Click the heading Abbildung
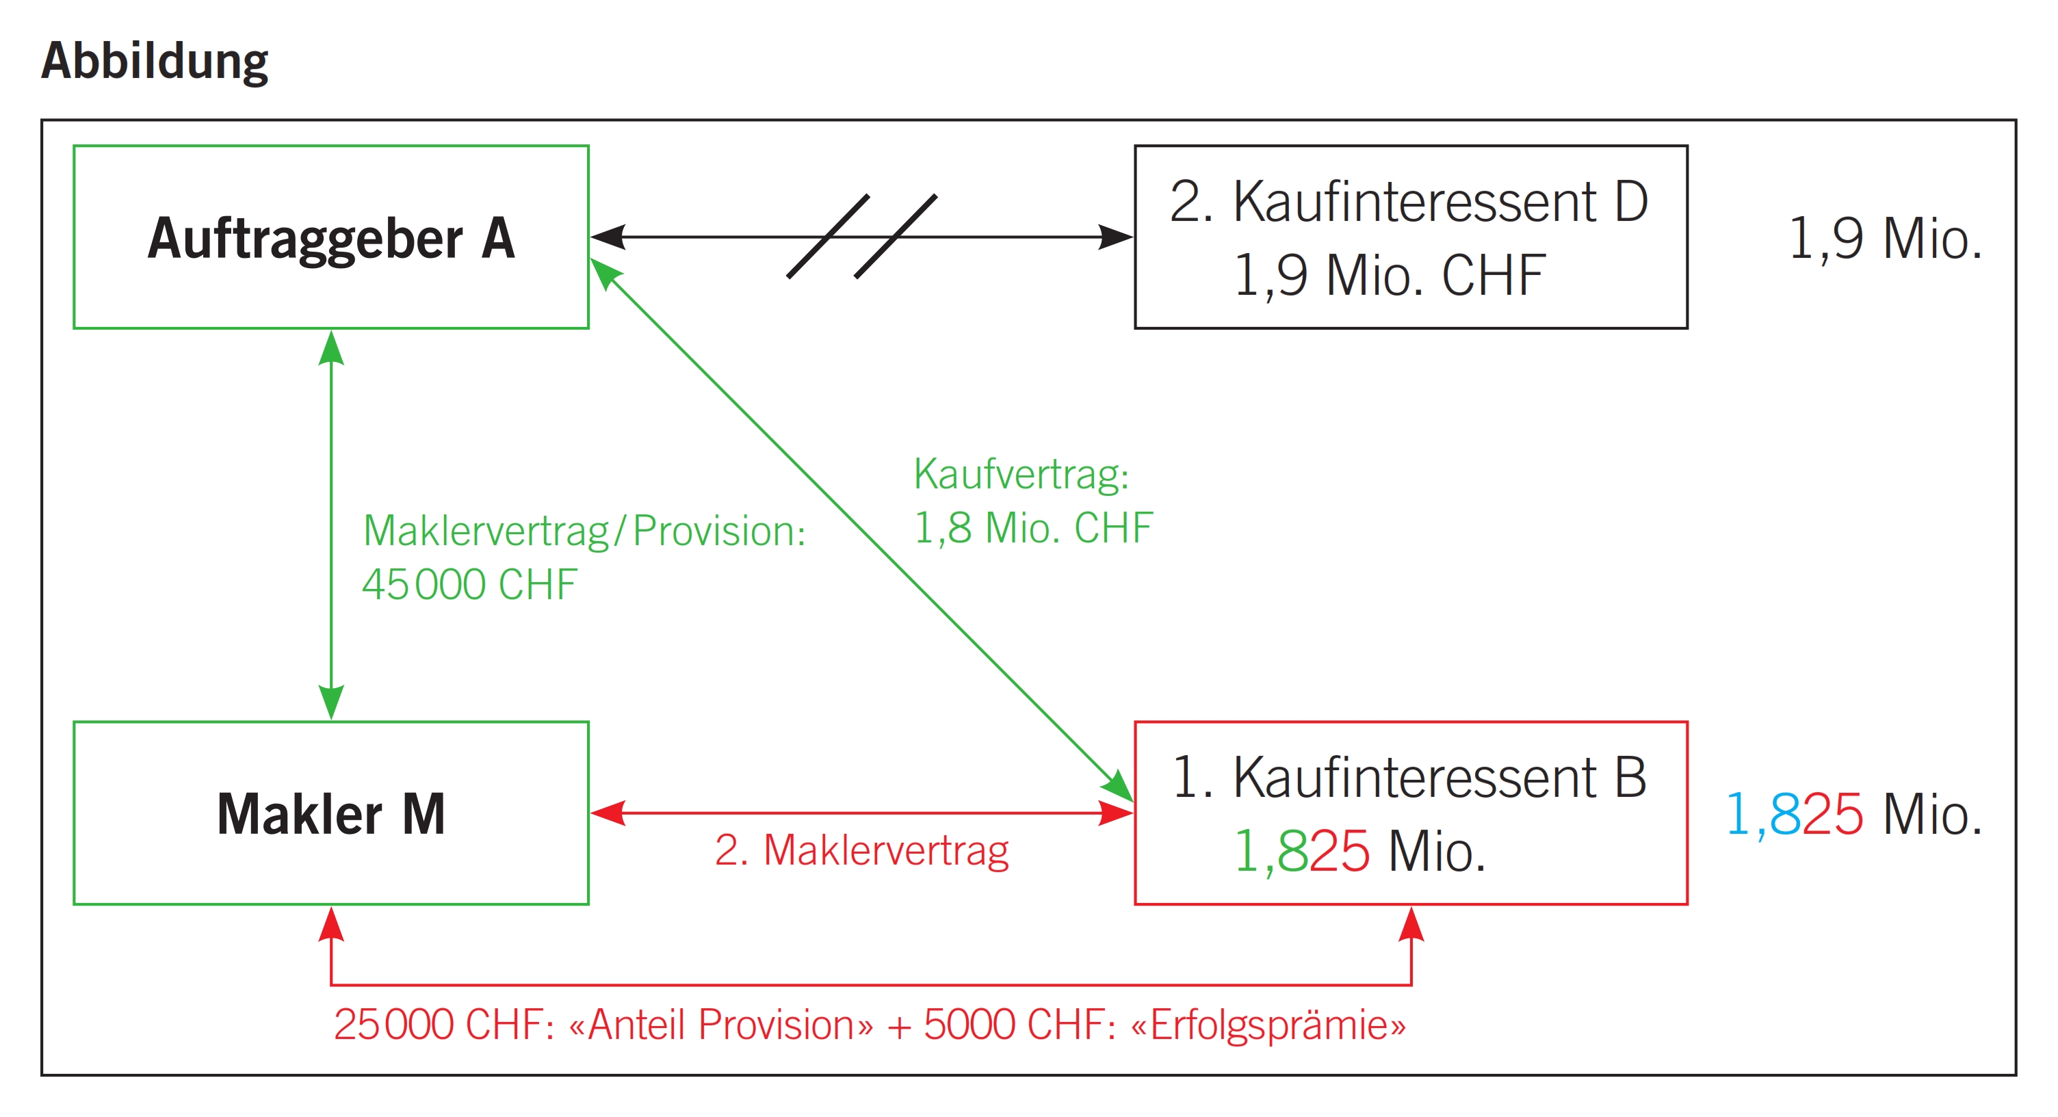pyautogui.click(x=154, y=61)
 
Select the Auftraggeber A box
pyautogui.click(x=330, y=237)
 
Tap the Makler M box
pyautogui.click(x=330, y=813)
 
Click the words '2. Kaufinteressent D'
pyautogui.click(x=1409, y=201)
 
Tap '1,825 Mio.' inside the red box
pyautogui.click(x=1359, y=852)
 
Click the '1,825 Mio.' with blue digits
pyautogui.click(x=1853, y=815)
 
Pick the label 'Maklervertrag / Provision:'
pyautogui.click(x=584, y=531)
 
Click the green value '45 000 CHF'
pyautogui.click(x=469, y=584)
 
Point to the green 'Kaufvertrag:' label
pyautogui.click(x=1021, y=474)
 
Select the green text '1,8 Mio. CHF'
pyautogui.click(x=1032, y=527)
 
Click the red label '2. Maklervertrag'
pyautogui.click(x=861, y=850)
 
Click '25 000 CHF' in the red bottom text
pyautogui.click(x=443, y=1025)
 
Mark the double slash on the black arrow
pyautogui.click(x=861, y=237)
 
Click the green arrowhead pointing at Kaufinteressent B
pyautogui.click(x=1118, y=785)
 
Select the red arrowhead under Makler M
pyautogui.click(x=330, y=925)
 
